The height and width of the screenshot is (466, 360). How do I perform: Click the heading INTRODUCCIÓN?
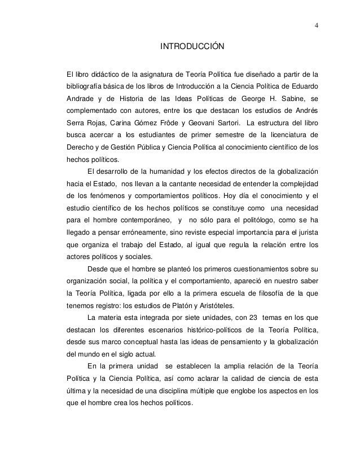(x=192, y=45)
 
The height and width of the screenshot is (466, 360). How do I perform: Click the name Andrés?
(x=306, y=111)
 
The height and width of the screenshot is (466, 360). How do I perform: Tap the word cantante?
(x=172, y=183)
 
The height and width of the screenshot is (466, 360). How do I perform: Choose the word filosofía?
(x=259, y=293)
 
